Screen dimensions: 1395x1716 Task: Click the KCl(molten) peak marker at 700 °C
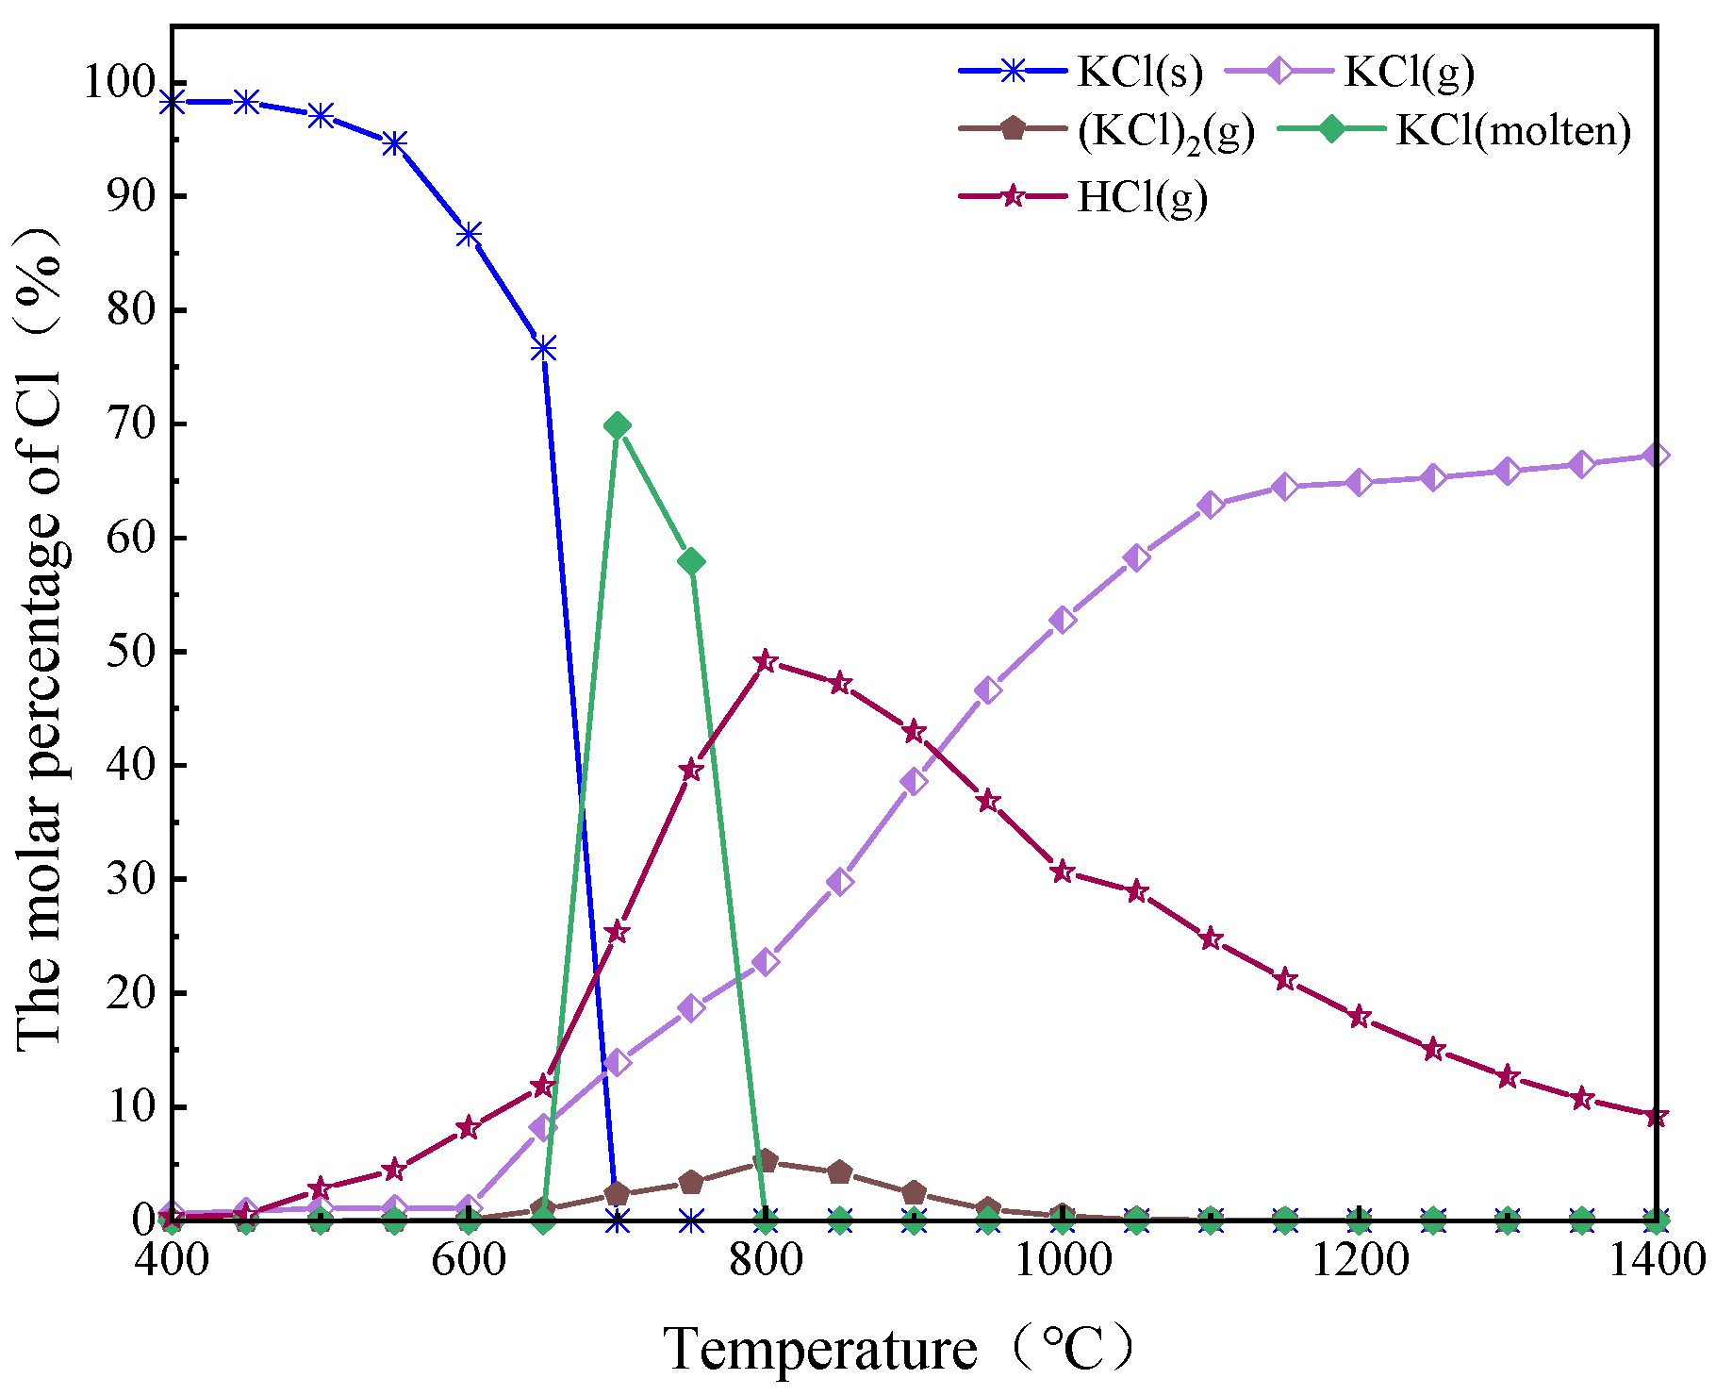click(618, 425)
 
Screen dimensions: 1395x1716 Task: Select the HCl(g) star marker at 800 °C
click(766, 660)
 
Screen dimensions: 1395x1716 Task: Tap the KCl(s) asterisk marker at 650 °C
click(543, 349)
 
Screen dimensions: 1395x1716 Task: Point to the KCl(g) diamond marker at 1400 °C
click(1657, 456)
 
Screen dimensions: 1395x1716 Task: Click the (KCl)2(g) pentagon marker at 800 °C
click(766, 1160)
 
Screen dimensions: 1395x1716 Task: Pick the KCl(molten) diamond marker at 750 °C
click(691, 561)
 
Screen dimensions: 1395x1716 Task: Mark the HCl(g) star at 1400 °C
click(1657, 1117)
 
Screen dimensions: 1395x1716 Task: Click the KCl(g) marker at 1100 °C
click(1212, 505)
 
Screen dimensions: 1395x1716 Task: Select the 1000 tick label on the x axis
click(1063, 1260)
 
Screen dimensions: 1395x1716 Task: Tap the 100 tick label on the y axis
click(123, 82)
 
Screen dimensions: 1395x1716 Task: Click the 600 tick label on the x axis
click(469, 1260)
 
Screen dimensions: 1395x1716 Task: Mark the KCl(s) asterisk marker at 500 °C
click(321, 115)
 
